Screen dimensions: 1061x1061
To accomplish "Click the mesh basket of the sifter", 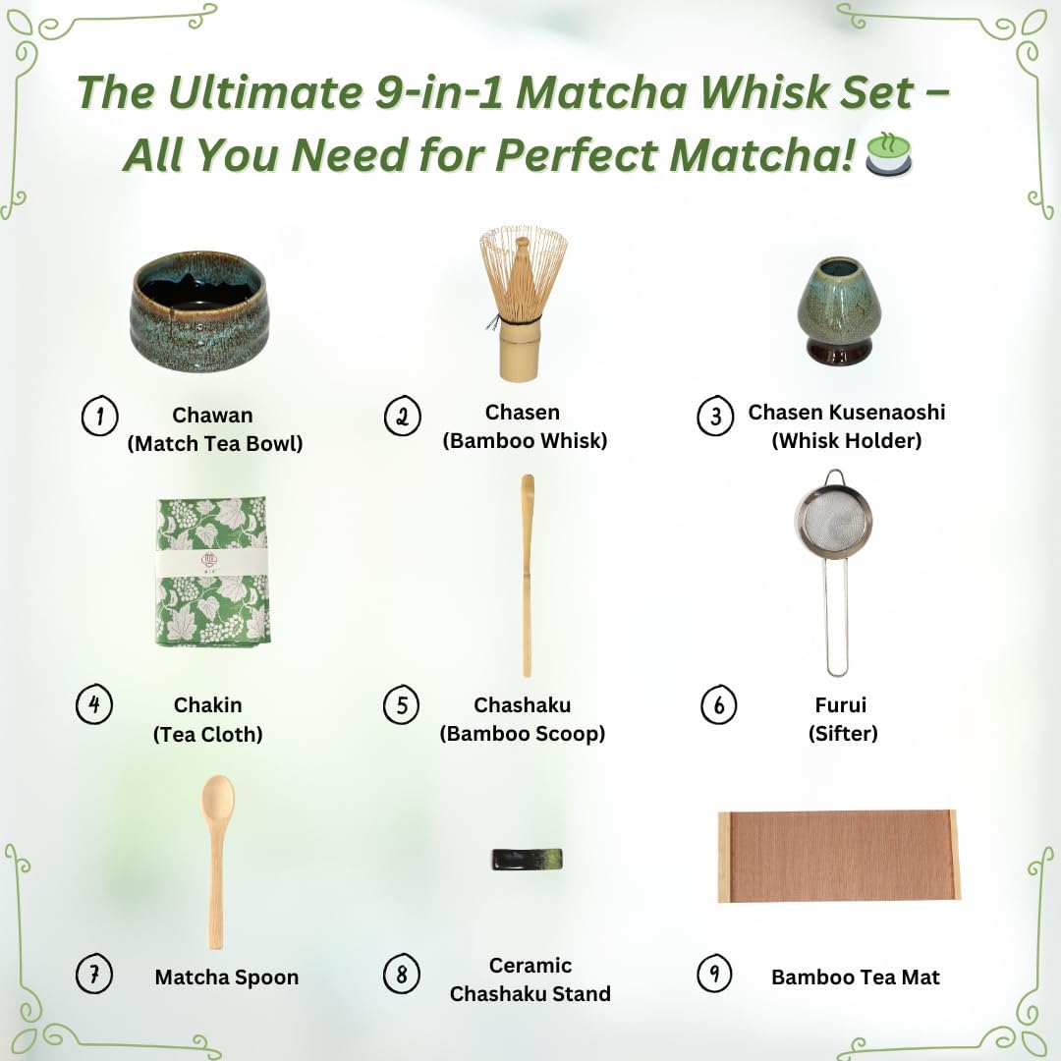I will tap(834, 521).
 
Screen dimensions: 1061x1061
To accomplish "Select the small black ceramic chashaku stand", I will tap(527, 859).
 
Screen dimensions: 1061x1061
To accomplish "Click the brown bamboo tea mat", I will tap(839, 855).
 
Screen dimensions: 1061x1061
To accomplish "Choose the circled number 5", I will tap(401, 706).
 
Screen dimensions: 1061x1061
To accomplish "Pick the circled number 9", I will tap(715, 975).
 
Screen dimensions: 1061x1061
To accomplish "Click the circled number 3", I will tap(715, 417).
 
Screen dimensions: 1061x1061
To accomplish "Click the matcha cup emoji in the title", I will tap(888, 154).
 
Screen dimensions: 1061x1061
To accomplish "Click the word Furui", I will tap(841, 705).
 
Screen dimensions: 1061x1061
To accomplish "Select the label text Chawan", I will tap(212, 417).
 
